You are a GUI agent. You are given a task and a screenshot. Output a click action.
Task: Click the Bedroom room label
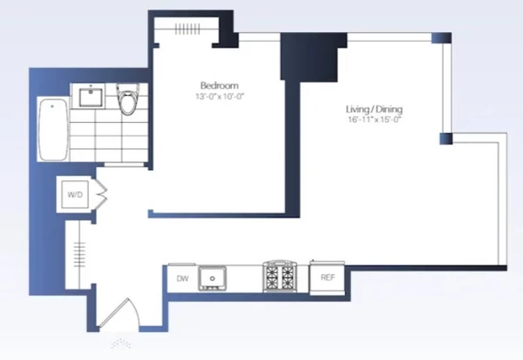(219, 85)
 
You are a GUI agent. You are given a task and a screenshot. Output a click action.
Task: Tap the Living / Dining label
(374, 109)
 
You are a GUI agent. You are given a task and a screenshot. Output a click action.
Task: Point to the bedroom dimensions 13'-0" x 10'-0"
(220, 97)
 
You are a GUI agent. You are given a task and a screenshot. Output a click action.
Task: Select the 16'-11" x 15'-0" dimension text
(374, 119)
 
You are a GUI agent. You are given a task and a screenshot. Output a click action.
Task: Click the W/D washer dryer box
(75, 194)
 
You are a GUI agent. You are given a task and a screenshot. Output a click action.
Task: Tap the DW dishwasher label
(182, 279)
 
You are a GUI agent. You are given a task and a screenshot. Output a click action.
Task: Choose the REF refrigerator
(327, 277)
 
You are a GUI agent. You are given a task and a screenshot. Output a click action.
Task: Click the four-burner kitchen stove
(280, 276)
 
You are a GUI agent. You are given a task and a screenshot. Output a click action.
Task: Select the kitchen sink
(212, 278)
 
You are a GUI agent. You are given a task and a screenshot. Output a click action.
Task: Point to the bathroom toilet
(127, 99)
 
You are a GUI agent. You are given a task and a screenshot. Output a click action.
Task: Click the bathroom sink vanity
(91, 96)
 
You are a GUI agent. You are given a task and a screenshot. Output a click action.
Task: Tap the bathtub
(53, 130)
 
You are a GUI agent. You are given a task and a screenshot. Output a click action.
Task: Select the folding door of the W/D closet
(101, 195)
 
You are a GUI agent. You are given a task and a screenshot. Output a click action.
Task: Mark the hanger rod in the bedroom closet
(187, 29)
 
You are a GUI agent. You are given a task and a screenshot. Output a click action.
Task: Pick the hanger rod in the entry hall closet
(79, 255)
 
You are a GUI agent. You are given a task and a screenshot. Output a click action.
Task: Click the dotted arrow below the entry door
(121, 343)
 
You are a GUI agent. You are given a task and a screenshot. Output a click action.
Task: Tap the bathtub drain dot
(52, 106)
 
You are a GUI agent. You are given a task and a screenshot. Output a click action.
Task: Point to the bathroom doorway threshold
(124, 165)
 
